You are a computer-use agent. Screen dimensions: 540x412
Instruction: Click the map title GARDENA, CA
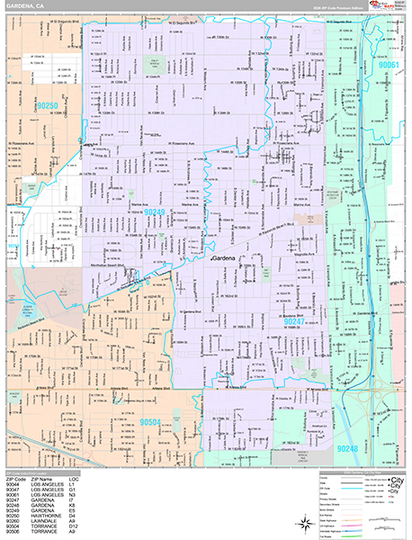26,7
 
